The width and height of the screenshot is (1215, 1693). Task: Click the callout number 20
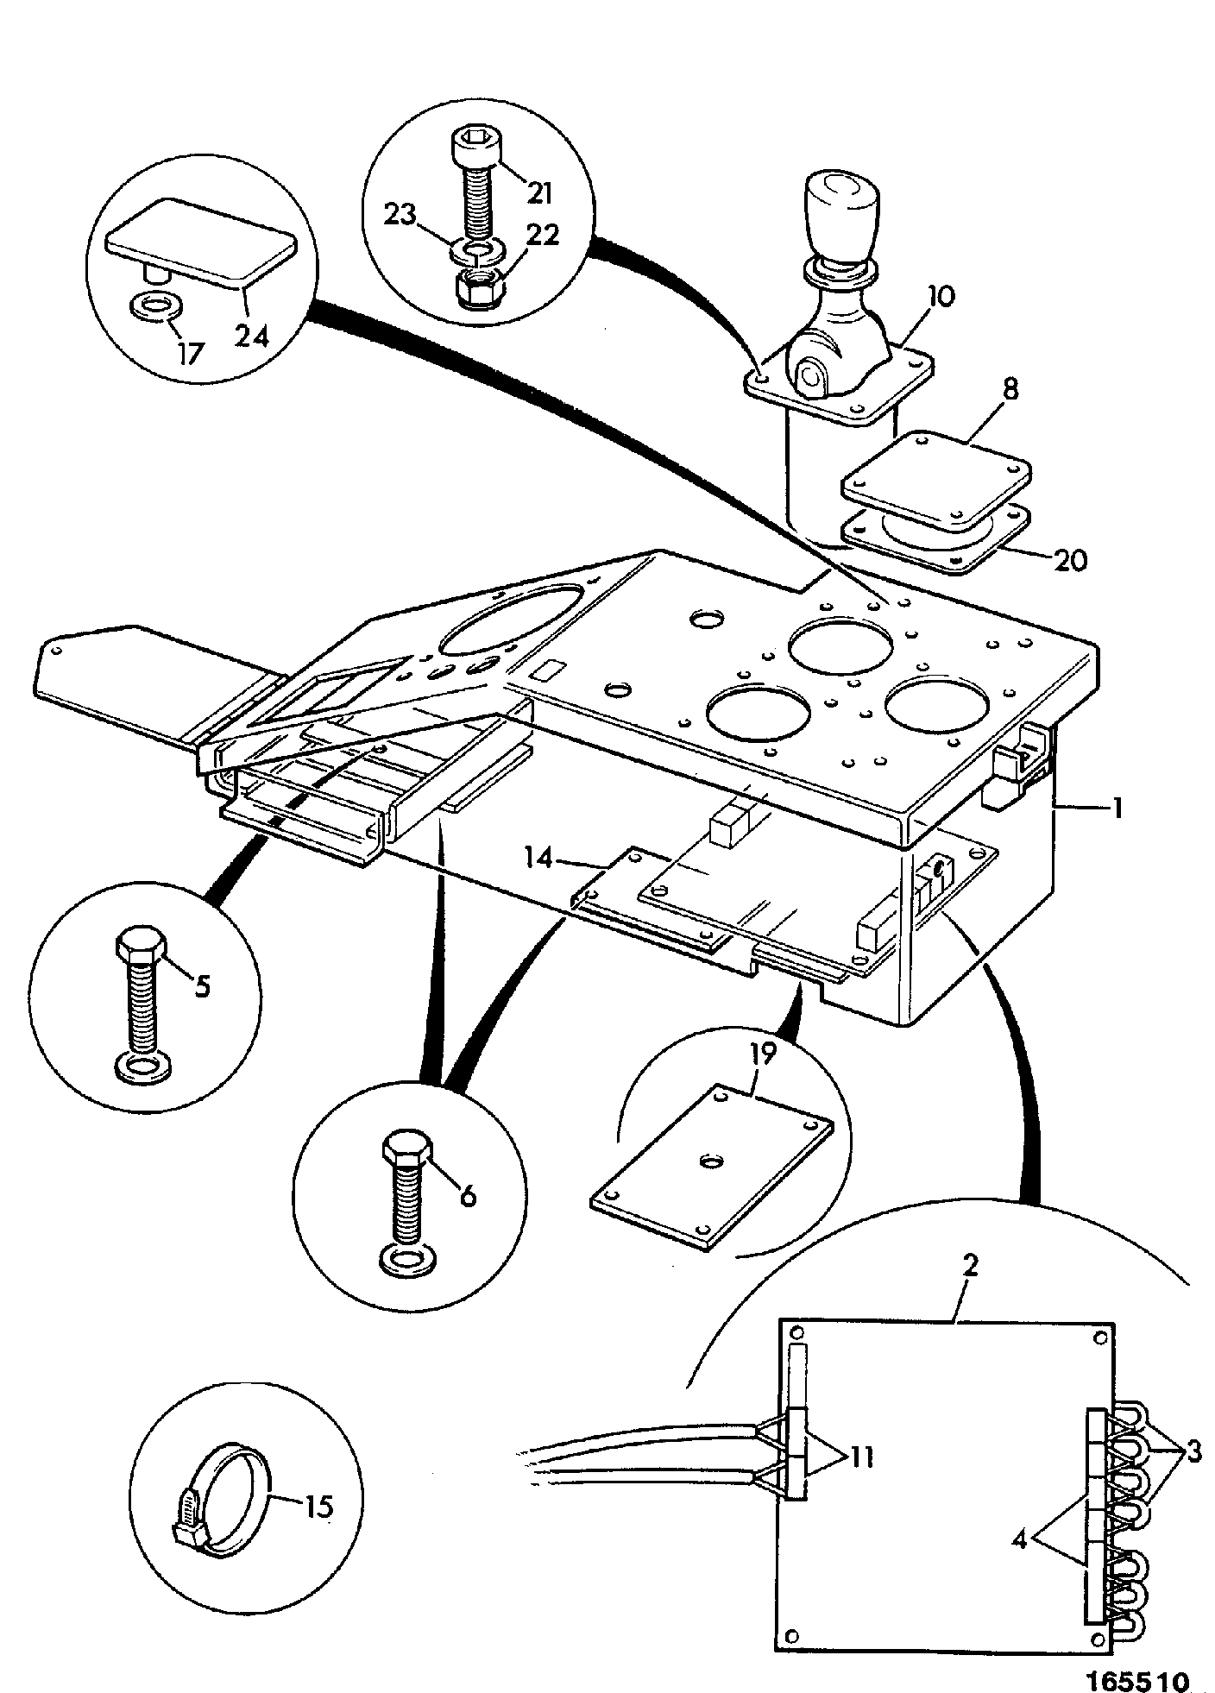tap(1069, 561)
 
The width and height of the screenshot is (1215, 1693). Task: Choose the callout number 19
tap(764, 1054)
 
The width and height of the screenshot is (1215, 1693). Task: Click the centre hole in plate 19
tap(711, 1162)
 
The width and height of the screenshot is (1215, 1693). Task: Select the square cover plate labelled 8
tap(936, 481)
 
